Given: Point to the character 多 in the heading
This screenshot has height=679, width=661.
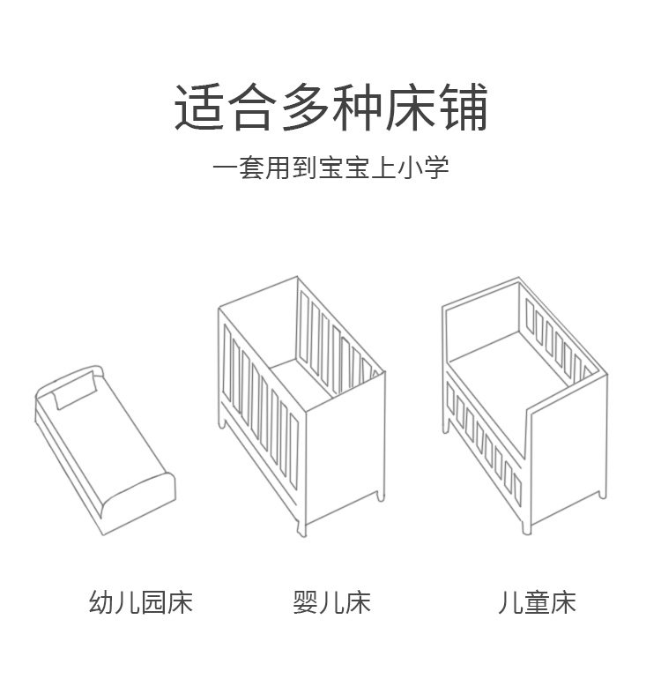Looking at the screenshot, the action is (x=304, y=108).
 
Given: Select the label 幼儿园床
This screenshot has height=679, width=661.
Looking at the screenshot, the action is (x=141, y=603).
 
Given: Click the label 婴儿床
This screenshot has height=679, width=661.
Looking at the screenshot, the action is (x=330, y=603).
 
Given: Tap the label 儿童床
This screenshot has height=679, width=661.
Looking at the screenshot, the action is (x=536, y=603).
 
